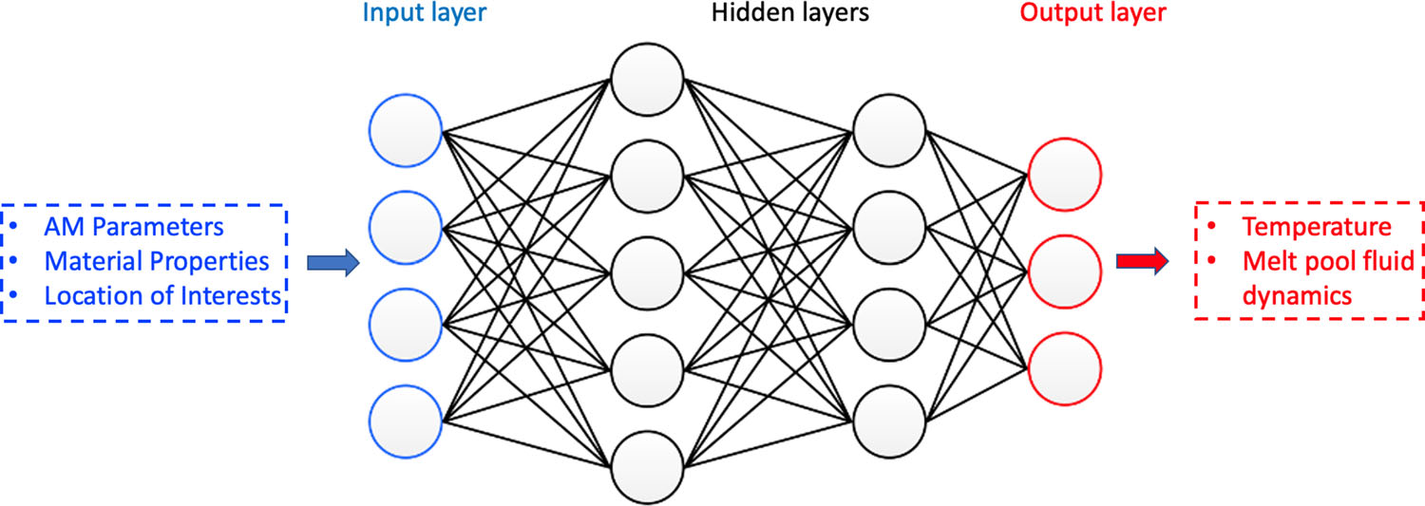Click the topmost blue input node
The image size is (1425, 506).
pyautogui.click(x=407, y=129)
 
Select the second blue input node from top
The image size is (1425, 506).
pyautogui.click(x=407, y=226)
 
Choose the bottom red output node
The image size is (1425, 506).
pyautogui.click(x=1064, y=368)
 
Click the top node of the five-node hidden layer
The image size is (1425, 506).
pyautogui.click(x=647, y=80)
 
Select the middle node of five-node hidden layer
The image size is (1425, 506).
pyautogui.click(x=647, y=273)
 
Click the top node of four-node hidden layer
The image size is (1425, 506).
pyautogui.click(x=889, y=129)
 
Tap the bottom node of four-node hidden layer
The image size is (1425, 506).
pyautogui.click(x=889, y=419)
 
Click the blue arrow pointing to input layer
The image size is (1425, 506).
pyautogui.click(x=332, y=263)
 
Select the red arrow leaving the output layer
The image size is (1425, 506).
pyautogui.click(x=1141, y=263)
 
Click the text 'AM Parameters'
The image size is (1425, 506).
pyautogui.click(x=134, y=228)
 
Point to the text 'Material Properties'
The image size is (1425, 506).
pyautogui.click(x=156, y=260)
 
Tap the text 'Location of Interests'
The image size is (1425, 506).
pyautogui.click(x=162, y=294)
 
